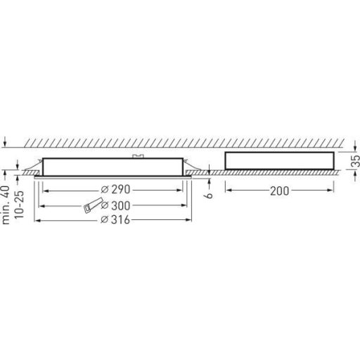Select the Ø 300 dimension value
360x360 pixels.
[118, 205]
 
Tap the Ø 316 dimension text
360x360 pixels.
[118, 221]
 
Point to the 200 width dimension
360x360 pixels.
[280, 191]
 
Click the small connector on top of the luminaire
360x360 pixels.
[139, 155]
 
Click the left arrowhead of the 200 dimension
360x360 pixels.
[227, 191]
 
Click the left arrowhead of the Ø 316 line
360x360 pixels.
[37, 221]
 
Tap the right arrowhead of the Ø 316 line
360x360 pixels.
[193, 221]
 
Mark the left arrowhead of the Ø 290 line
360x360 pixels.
[45, 190]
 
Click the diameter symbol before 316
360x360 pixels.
[105, 221]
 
